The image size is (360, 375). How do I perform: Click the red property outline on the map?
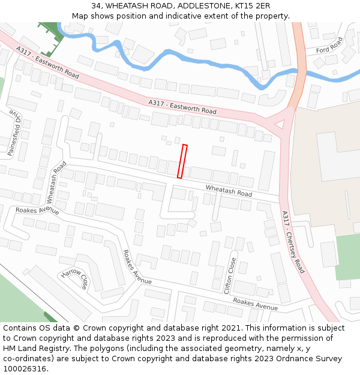pos(182,161)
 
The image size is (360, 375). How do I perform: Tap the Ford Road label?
pos(329,45)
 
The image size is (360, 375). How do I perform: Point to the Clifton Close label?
pos(230,275)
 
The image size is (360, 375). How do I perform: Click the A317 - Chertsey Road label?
pos(293,242)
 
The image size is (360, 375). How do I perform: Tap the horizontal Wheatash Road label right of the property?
pos(229,190)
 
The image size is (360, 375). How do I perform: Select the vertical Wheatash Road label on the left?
pos(55,182)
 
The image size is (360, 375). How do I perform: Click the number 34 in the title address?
pos(96,6)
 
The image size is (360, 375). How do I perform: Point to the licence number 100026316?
pos(25,369)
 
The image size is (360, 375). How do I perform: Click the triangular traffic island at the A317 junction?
pos(279,124)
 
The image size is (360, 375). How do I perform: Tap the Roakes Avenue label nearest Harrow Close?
pos(137,268)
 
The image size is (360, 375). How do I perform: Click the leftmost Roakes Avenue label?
pos(37,210)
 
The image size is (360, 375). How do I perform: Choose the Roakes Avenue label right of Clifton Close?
pos(256,304)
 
